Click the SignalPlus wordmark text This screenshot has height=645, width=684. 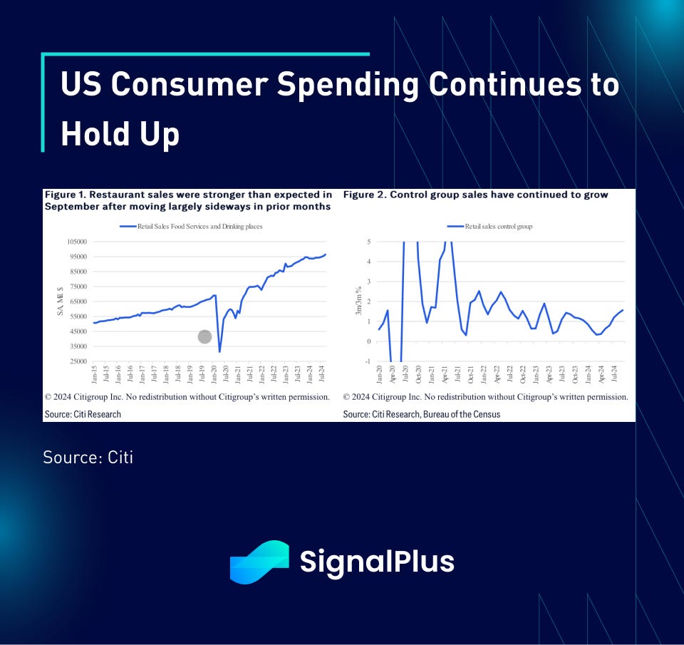point(377,562)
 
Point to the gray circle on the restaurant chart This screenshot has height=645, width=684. point(204,336)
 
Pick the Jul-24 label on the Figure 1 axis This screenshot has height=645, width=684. point(321,374)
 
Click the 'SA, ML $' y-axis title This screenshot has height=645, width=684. point(61,301)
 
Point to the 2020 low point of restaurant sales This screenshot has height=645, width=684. point(219,351)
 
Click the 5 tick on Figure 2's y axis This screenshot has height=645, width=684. point(369,242)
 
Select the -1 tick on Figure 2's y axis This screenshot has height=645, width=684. point(368,361)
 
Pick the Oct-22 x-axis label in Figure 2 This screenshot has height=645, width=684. point(522,374)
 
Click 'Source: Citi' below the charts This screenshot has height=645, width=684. point(88,457)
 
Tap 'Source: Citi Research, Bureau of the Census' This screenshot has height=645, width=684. point(421,414)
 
